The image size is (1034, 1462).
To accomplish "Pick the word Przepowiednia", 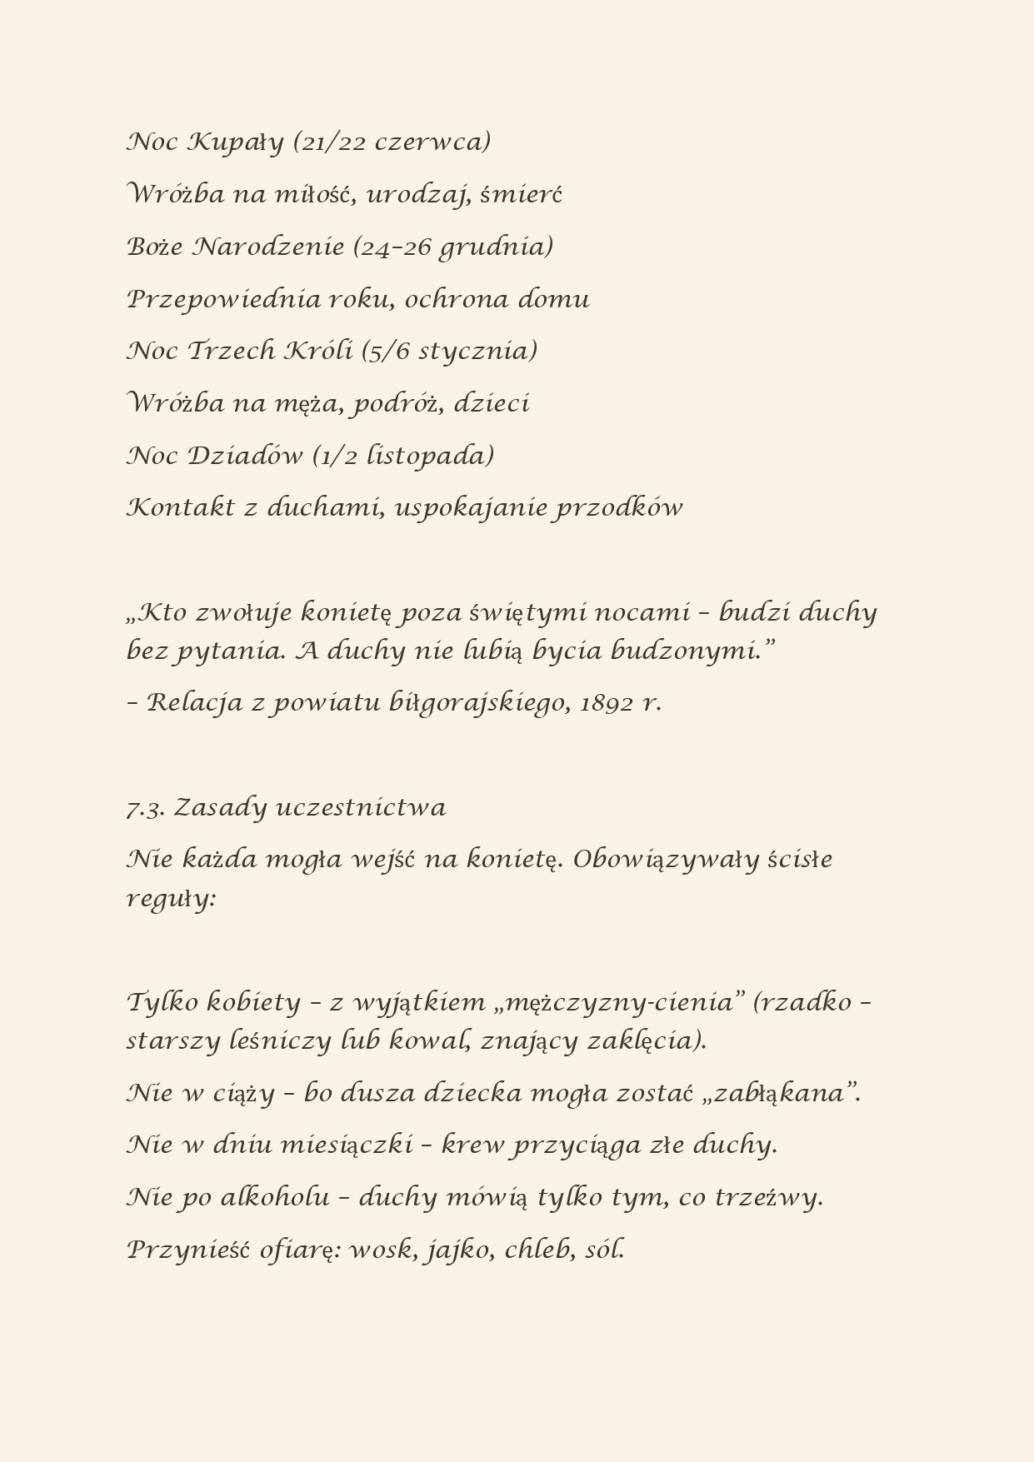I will pyautogui.click(x=223, y=300).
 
